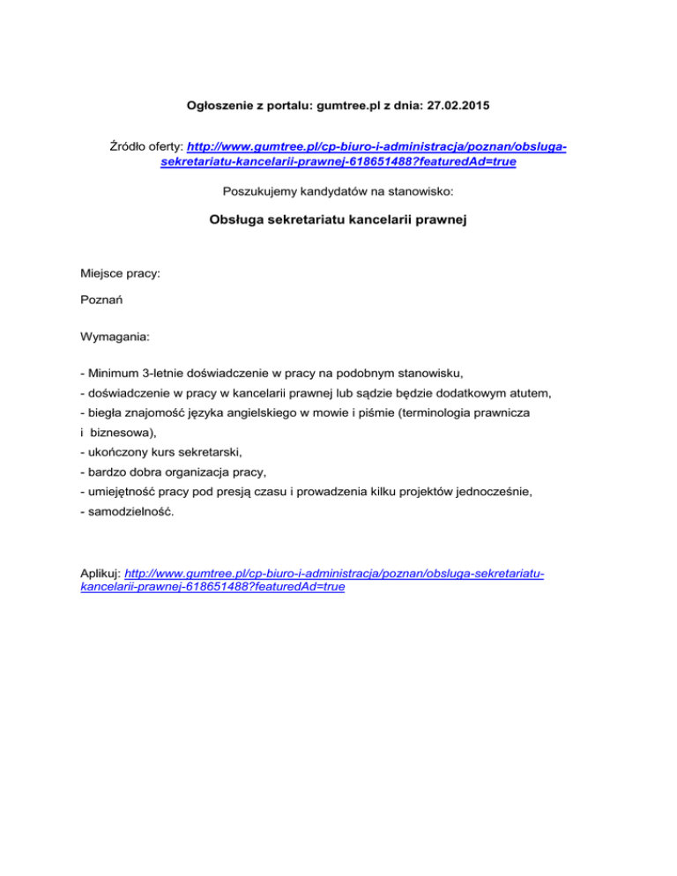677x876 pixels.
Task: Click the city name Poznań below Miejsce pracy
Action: tap(100, 301)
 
